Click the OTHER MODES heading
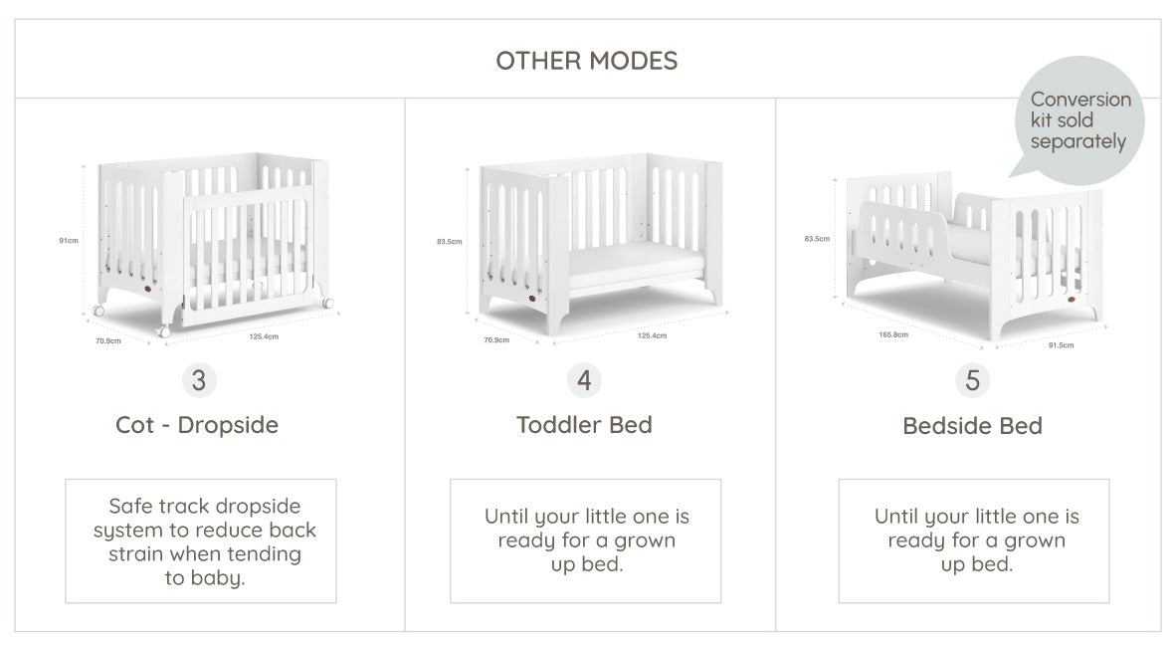coord(586,61)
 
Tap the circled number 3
coord(198,380)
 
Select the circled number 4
coord(584,380)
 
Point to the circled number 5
coord(972,380)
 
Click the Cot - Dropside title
coord(197,425)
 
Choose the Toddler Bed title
coord(584,425)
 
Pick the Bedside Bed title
coord(972,426)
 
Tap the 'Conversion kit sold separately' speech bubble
coord(1078,118)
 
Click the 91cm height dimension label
coord(68,241)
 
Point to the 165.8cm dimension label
coord(893,334)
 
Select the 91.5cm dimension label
coord(1061,344)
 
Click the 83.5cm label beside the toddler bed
coord(450,241)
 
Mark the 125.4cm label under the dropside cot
coord(264,336)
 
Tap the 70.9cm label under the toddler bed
coord(496,340)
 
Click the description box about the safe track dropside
coord(201,541)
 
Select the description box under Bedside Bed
coord(974,541)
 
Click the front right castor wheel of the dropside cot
coord(327,302)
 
